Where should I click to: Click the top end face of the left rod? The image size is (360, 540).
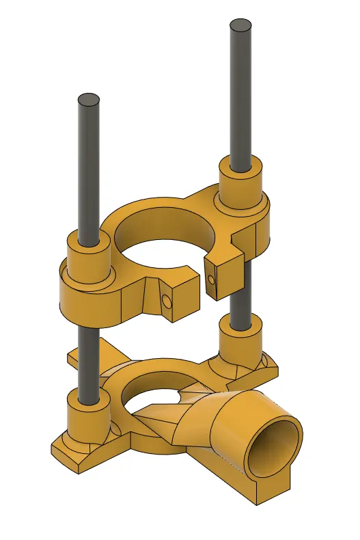point(89,100)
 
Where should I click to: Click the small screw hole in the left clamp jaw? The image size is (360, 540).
point(167,301)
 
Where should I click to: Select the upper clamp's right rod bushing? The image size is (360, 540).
point(240,181)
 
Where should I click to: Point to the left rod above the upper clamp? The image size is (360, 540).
point(89,171)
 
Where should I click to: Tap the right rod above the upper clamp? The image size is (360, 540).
point(241,96)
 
